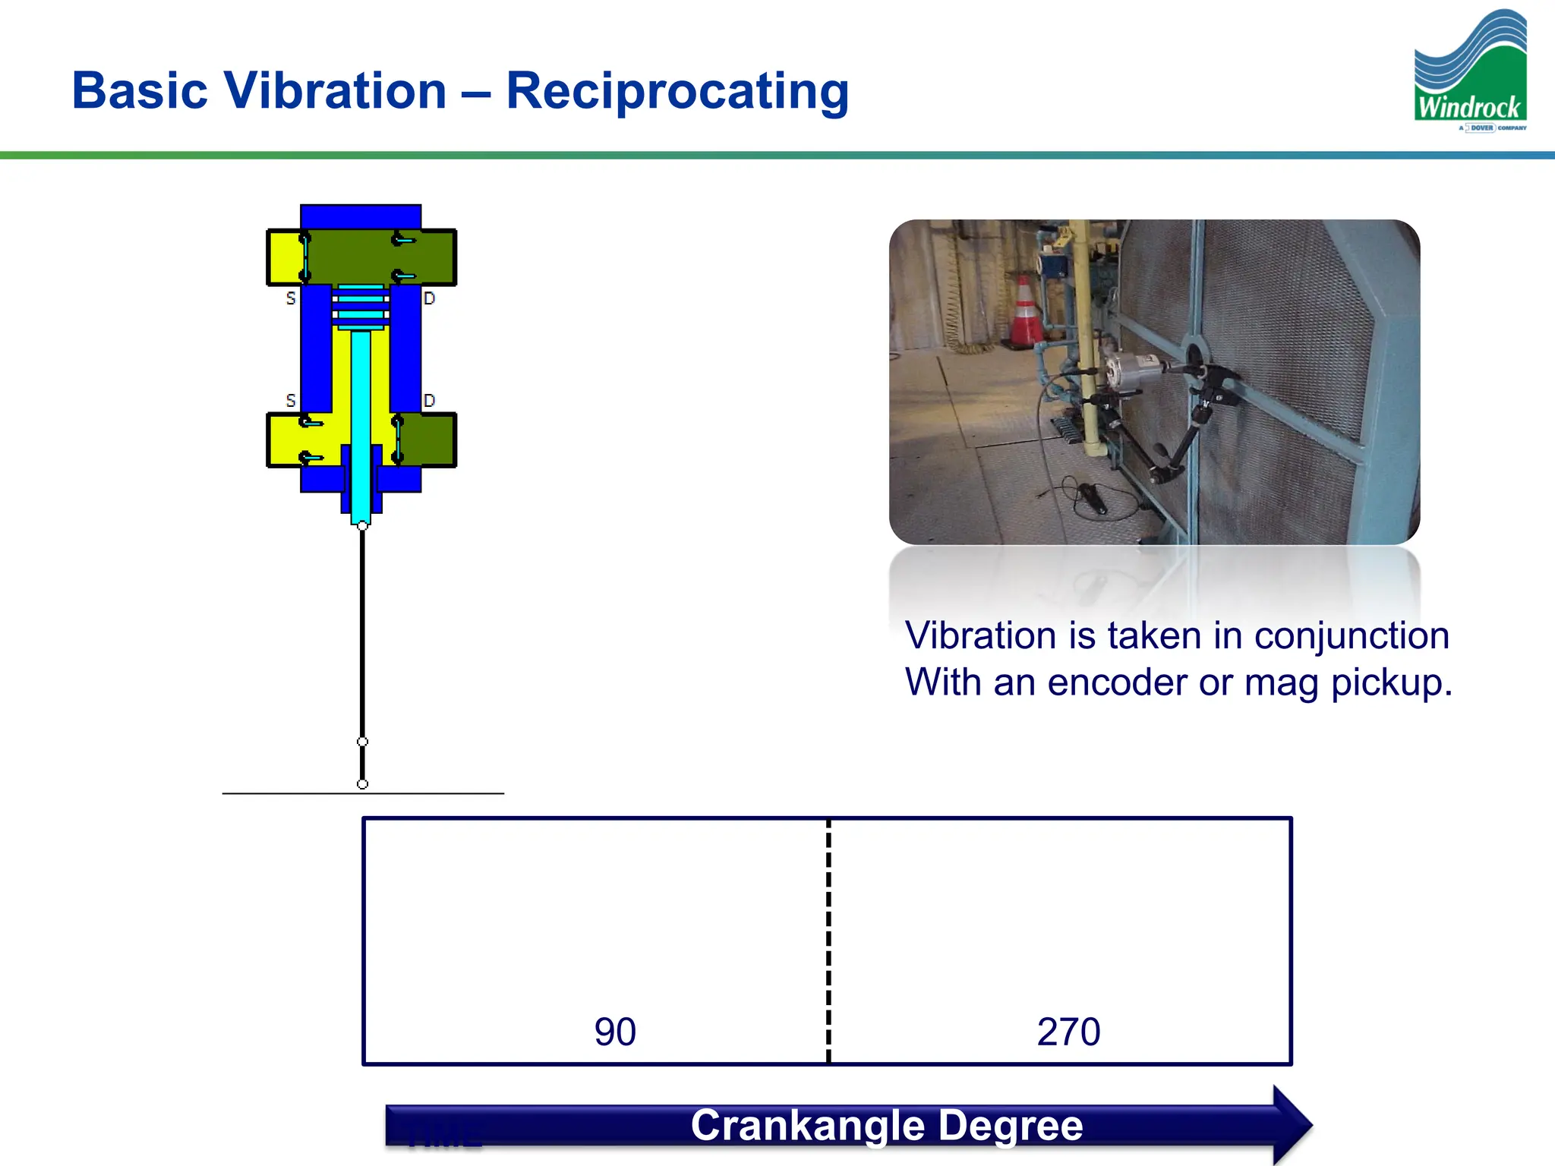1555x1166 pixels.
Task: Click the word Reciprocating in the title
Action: [x=677, y=91]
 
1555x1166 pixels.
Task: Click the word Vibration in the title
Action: [x=335, y=91]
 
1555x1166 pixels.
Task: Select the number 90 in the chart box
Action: [x=615, y=1032]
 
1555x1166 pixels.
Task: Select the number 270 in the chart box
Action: [x=1068, y=1032]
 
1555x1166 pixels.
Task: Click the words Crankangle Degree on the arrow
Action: [x=886, y=1125]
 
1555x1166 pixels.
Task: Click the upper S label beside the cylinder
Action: [x=291, y=298]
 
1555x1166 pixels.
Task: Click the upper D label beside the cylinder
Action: [x=430, y=298]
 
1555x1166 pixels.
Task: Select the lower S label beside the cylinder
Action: [x=291, y=400]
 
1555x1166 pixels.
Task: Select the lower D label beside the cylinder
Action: [x=430, y=400]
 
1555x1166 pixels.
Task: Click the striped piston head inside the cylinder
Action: [x=361, y=307]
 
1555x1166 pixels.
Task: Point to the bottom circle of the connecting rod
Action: [x=362, y=784]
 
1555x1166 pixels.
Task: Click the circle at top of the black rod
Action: [x=362, y=526]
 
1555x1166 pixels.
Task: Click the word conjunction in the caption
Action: [x=1351, y=635]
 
